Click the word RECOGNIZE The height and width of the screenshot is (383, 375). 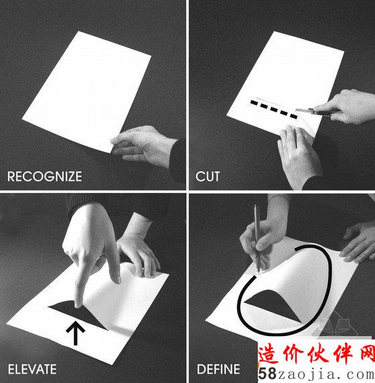click(x=45, y=176)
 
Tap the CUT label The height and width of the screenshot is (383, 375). click(x=208, y=176)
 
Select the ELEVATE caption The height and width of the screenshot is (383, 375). click(x=32, y=369)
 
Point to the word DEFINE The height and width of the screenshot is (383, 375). click(x=218, y=369)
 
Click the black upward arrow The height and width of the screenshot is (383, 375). click(x=76, y=333)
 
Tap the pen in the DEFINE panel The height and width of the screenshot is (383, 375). click(x=256, y=238)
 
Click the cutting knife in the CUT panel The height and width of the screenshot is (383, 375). click(x=315, y=112)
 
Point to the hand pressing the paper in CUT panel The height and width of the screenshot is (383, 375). click(x=299, y=156)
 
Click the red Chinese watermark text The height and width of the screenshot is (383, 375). click(x=317, y=354)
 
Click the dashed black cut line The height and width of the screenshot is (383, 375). click(x=274, y=109)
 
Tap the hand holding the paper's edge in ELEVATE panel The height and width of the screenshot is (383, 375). click(x=138, y=254)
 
